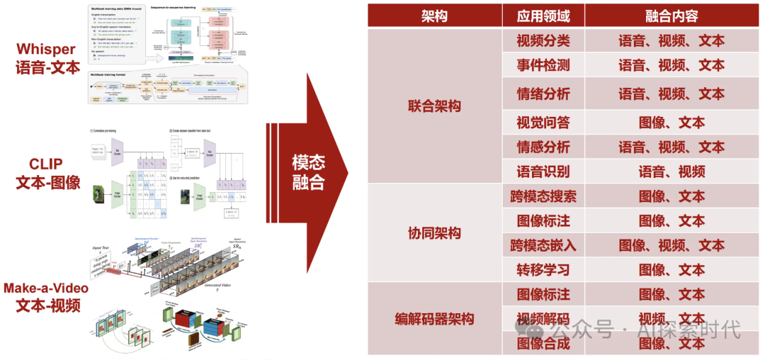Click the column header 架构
point(434,16)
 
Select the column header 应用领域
point(543,16)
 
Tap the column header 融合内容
point(671,16)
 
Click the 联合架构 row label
point(434,106)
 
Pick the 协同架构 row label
point(434,233)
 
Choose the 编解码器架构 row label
point(434,319)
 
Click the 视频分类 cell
point(543,40)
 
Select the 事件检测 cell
point(543,65)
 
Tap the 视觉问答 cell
point(543,123)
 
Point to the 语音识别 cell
point(543,171)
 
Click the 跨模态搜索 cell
point(543,196)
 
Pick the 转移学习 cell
point(543,270)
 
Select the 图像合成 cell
point(543,344)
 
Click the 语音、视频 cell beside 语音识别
point(671,171)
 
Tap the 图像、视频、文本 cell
point(671,245)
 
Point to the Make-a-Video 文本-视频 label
point(46,297)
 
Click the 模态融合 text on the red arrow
point(308,172)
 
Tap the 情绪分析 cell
point(543,94)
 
